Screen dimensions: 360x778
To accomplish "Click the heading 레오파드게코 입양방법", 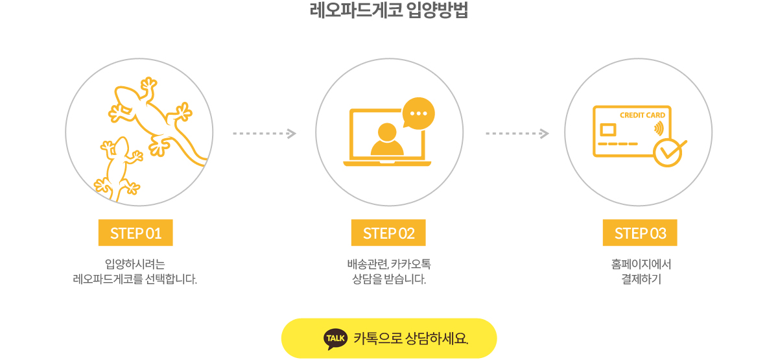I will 389,11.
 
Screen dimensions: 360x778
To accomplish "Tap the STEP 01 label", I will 136,233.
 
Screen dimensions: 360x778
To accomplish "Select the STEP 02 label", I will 388,233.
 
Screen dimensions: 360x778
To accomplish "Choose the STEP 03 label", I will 640,233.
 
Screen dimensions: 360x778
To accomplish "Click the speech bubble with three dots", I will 419,114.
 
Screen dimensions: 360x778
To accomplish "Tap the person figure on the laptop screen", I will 387,139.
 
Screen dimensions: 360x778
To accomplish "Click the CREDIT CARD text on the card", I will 642,115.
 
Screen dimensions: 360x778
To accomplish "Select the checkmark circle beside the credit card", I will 667,152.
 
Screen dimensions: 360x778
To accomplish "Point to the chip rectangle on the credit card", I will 608,128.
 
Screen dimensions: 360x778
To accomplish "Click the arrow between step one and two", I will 265,134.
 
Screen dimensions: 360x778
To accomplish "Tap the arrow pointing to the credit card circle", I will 517,134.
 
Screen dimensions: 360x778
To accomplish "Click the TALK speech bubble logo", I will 335,338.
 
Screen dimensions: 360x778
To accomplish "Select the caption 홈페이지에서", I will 641,264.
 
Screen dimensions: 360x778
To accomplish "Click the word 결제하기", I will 641,280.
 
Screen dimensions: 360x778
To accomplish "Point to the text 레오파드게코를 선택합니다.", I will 135,280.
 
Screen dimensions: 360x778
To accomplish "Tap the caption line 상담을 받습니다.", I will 389,280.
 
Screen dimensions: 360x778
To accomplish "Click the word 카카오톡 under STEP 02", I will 411,264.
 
